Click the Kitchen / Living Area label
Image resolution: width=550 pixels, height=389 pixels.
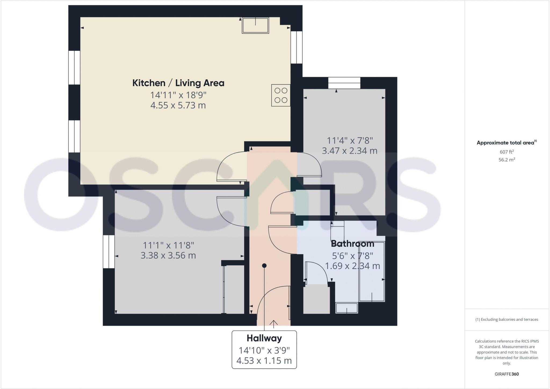(x=178, y=83)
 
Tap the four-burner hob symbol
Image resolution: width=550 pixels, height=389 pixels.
(x=281, y=95)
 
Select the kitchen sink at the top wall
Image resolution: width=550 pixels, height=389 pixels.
(x=255, y=25)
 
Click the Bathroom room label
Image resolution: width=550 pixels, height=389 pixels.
(x=352, y=244)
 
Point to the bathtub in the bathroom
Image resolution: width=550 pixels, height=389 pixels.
(x=372, y=271)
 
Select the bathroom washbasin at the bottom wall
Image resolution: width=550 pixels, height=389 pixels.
(x=347, y=308)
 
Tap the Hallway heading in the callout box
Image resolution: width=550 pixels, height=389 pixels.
(x=264, y=338)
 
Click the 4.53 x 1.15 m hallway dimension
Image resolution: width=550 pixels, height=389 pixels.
(x=264, y=360)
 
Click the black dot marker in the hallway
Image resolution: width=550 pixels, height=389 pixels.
(x=264, y=266)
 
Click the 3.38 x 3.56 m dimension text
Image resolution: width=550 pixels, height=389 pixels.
(x=168, y=255)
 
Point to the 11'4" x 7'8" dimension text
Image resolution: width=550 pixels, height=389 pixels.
(x=350, y=140)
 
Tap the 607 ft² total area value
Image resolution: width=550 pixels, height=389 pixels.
(x=506, y=152)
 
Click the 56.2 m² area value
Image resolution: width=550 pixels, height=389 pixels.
(x=506, y=160)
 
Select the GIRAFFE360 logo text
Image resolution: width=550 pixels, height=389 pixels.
(x=506, y=374)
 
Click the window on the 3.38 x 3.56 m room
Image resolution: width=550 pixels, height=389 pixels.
(x=109, y=252)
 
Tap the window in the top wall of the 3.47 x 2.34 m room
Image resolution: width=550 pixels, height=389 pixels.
(x=344, y=83)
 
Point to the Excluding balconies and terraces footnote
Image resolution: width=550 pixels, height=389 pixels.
(x=506, y=320)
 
